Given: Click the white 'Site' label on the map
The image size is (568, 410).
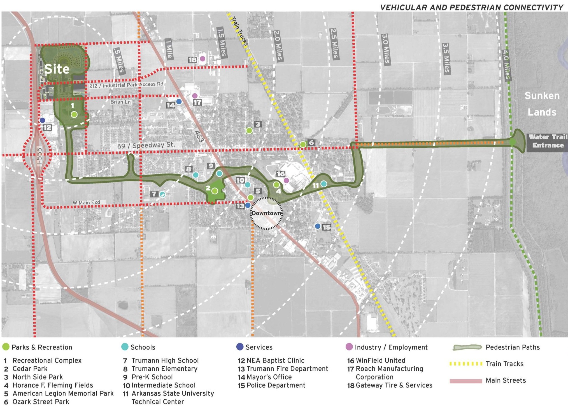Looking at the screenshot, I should tap(57, 69).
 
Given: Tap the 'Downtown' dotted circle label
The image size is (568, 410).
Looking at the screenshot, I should tap(266, 213).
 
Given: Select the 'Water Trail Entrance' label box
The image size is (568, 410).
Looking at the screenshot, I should tap(548, 141).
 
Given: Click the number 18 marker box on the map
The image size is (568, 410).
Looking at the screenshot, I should tap(192, 60).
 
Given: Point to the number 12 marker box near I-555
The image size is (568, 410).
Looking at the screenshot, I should tap(47, 128).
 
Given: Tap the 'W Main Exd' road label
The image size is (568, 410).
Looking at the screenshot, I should tap(86, 202).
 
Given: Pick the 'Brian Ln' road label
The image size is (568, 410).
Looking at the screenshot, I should tap(120, 102).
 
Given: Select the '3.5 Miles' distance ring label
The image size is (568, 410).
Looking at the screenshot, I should tap(446, 58).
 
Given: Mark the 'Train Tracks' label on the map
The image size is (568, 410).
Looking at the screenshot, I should tap(239, 31).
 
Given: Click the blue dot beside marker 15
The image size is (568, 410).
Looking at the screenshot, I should tap(318, 226).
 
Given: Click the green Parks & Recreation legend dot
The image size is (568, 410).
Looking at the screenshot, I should tap(6, 347).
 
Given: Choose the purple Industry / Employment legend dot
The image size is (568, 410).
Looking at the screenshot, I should tap(349, 347).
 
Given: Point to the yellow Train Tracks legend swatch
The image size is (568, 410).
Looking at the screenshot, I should tap(466, 364).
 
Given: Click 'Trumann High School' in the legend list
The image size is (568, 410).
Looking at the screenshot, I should tap(165, 361).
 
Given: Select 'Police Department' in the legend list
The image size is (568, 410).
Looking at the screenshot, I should tap(276, 385).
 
